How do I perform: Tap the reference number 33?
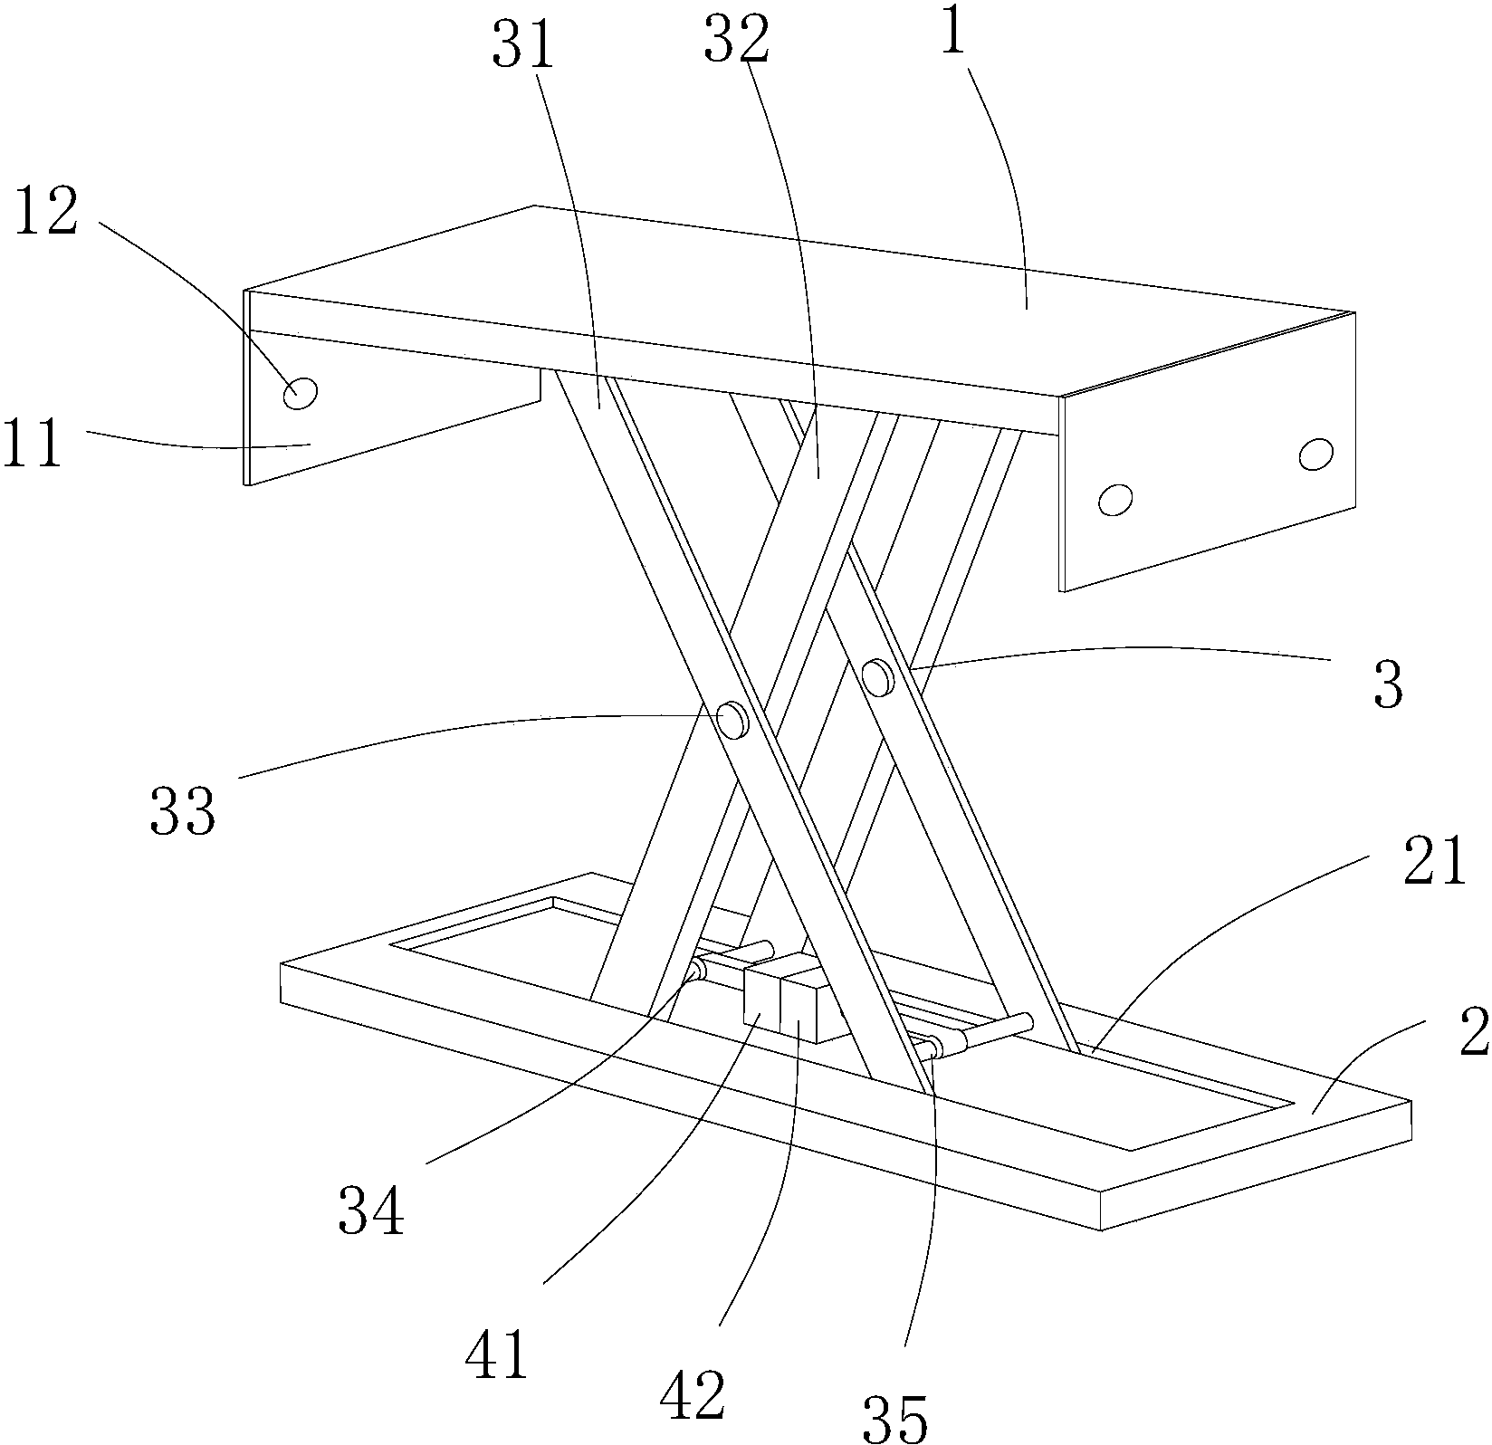[x=183, y=809]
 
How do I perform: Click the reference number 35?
[x=895, y=1419]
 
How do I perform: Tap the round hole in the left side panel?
[x=301, y=394]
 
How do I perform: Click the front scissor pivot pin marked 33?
[x=732, y=720]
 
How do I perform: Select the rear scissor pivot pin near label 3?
[x=878, y=676]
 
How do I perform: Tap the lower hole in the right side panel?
[x=1115, y=499]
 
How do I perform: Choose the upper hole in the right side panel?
[x=1315, y=454]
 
